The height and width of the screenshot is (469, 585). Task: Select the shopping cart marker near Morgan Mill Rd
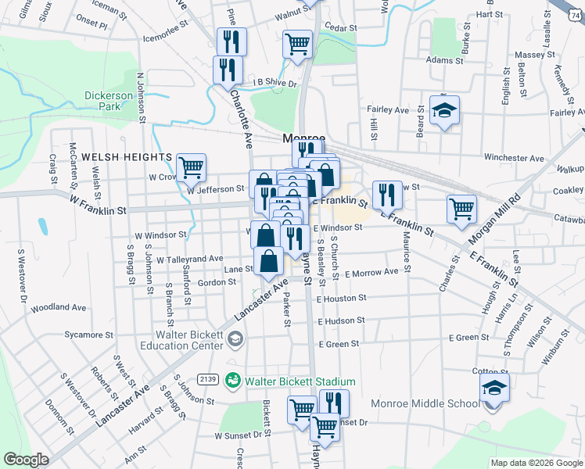461,208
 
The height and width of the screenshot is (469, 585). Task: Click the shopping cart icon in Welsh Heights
191,166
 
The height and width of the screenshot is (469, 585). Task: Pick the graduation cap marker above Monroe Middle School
494,386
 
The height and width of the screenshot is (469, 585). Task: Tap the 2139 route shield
208,379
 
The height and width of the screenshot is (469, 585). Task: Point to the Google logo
26,460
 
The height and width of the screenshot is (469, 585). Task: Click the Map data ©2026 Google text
536,463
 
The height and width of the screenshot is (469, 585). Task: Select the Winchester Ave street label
514,158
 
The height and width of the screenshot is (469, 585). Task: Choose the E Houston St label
342,298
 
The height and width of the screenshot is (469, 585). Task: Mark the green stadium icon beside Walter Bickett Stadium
231,381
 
